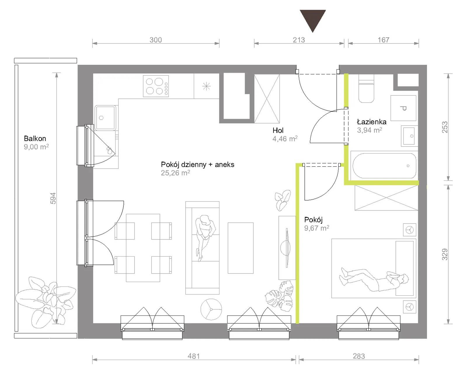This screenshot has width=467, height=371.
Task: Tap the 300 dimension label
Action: coord(156,40)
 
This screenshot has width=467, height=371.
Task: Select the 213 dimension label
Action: coord(299,40)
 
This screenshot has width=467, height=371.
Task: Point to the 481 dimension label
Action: coord(194,356)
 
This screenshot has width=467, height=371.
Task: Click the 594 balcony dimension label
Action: coord(53,198)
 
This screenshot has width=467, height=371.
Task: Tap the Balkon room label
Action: coord(35,138)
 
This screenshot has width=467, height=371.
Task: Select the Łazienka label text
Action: coord(372,122)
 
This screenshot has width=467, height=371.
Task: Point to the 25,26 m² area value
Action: coord(175,173)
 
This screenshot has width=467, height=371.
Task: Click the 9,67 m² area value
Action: coord(317,228)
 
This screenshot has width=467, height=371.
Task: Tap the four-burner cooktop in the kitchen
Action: coord(156,86)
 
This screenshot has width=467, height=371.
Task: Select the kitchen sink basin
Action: coord(105,118)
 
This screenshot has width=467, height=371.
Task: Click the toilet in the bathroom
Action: coord(366,88)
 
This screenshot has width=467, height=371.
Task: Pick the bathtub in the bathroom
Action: coord(384,166)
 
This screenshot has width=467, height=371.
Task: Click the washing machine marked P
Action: coord(403,108)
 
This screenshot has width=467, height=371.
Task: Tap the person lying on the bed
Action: coord(374,280)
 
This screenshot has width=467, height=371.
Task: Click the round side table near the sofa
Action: coord(211,309)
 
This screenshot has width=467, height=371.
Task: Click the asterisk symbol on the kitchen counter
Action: coord(206,86)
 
